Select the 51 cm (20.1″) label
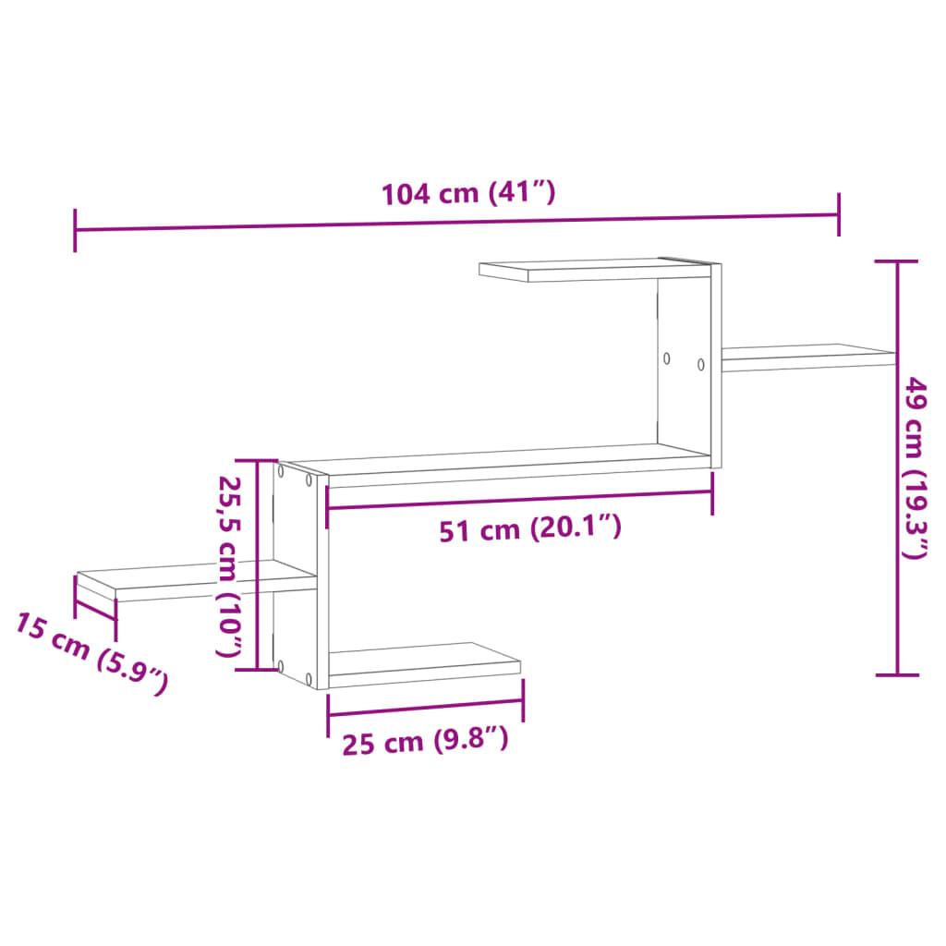[x=528, y=529]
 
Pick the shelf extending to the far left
[x=185, y=584]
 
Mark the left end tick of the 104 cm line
[x=75, y=230]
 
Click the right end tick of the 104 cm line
[x=839, y=215]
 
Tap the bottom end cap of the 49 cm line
[x=896, y=675]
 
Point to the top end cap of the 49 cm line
[x=896, y=262]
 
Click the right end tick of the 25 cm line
[x=523, y=700]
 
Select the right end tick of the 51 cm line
[x=712, y=492]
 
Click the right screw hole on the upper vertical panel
[x=701, y=364]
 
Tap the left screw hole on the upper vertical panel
[x=665, y=358]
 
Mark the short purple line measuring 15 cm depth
[x=95, y=609]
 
